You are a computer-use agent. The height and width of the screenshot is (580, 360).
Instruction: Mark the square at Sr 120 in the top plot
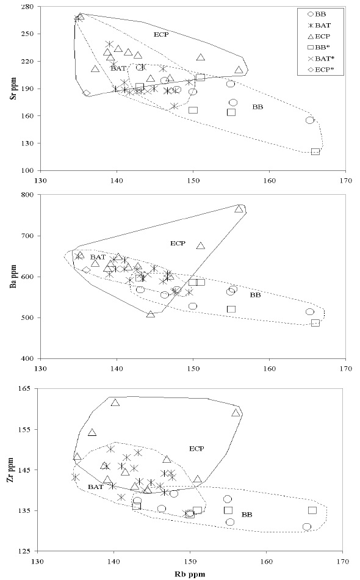tap(315, 151)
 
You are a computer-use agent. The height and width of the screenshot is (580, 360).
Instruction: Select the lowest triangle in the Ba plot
tap(151, 314)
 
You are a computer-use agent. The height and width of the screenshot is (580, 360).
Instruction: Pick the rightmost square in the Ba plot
tap(315, 323)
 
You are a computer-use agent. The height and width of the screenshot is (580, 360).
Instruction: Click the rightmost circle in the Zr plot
tap(307, 527)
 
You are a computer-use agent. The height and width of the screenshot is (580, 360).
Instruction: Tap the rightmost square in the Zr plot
tap(312, 510)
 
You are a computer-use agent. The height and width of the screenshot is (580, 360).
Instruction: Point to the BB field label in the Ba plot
tap(256, 295)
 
